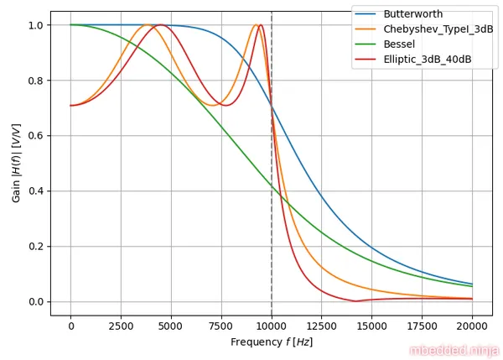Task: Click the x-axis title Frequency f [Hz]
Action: click(x=272, y=342)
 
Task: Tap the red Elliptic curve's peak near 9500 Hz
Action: click(x=261, y=25)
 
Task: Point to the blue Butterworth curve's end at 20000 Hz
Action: click(x=472, y=284)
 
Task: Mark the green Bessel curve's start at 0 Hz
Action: click(x=70, y=25)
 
